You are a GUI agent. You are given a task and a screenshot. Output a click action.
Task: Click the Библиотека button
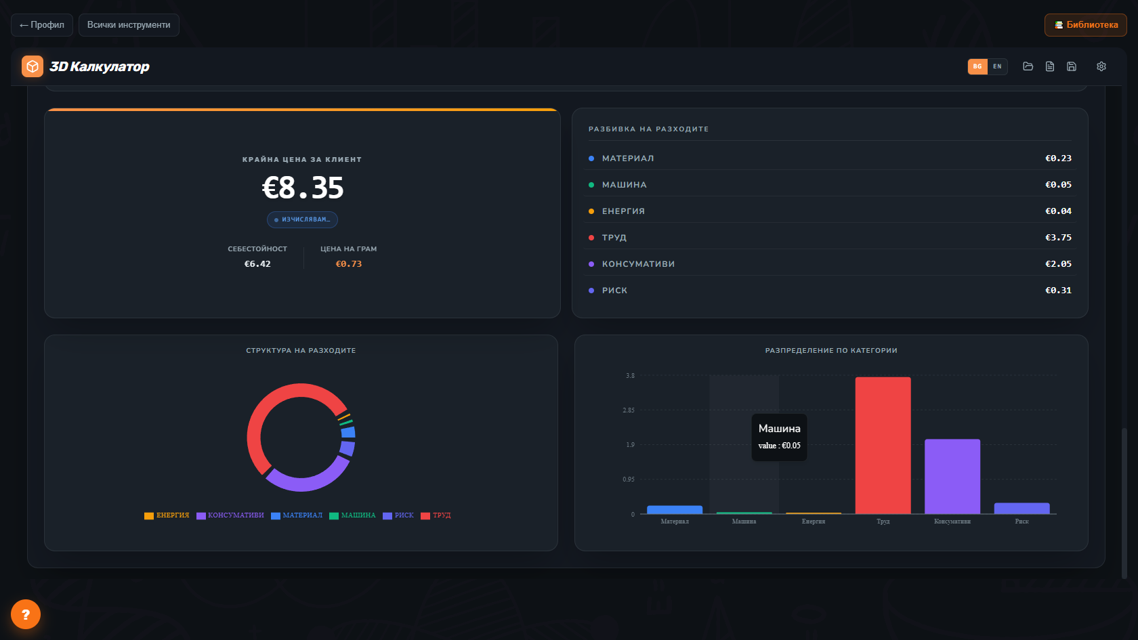[1085, 25]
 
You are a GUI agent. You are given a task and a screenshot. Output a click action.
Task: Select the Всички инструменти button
[129, 25]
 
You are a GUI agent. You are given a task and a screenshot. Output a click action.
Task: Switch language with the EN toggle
[997, 66]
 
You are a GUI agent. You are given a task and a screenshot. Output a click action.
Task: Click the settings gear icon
[1101, 66]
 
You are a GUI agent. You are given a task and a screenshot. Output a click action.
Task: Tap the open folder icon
[1028, 66]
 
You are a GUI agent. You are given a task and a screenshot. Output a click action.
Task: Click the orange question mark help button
[26, 614]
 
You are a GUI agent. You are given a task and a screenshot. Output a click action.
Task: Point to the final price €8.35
[302, 188]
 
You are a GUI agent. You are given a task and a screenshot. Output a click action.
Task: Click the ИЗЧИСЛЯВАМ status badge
[302, 219]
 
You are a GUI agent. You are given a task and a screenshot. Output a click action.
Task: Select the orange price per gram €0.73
[348, 263]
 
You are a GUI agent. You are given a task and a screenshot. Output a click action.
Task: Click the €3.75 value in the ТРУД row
[1058, 237]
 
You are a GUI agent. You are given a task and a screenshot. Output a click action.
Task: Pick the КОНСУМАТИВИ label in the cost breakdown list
[638, 263]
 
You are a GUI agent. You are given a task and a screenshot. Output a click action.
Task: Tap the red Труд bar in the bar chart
[883, 446]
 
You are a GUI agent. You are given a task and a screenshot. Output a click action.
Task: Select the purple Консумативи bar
[952, 477]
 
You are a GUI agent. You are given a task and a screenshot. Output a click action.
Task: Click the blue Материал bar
[675, 509]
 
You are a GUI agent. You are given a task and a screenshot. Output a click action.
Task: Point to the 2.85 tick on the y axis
[629, 410]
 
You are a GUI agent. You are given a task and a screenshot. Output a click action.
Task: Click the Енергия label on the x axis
[814, 521]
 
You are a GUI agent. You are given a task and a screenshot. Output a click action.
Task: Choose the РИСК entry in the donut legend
[398, 515]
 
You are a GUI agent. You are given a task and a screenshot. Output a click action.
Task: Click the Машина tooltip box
[779, 438]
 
